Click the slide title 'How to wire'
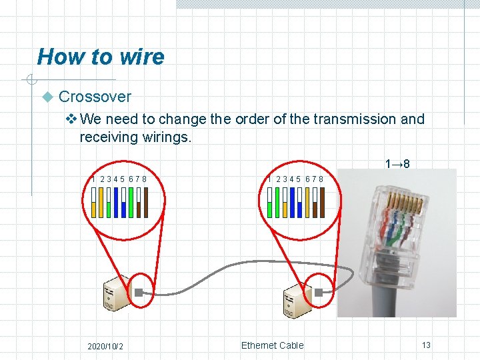click(101, 57)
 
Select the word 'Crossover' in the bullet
click(95, 97)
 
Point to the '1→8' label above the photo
click(397, 163)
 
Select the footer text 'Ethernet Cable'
click(272, 345)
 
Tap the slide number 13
click(426, 345)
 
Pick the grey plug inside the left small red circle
click(139, 293)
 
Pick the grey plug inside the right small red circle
click(319, 293)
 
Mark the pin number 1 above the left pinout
click(93, 179)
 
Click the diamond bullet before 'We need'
click(73, 119)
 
